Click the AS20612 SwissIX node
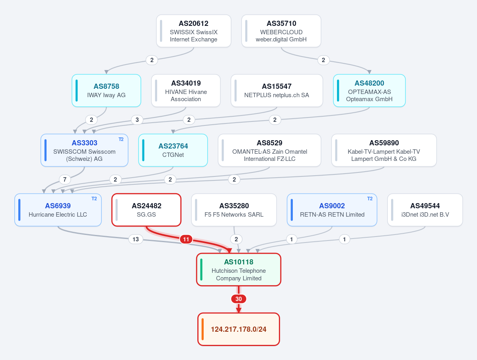[194, 31]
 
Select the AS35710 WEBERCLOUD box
[281, 31]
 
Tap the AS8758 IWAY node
[107, 90]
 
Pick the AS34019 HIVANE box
[186, 90]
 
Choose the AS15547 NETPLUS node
[277, 90]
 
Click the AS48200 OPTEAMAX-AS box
[369, 90]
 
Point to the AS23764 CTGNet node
[173, 150]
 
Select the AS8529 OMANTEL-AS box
[269, 150]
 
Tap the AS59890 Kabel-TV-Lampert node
[384, 150]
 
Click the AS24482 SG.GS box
[146, 210]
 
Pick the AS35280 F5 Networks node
[234, 210]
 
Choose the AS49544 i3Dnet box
[425, 210]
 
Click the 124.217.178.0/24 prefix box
[239, 329]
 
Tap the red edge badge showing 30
[239, 299]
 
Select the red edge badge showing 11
[186, 239]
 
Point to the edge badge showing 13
[136, 239]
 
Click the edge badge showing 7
[65, 180]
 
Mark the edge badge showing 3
[137, 120]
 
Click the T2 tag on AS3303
[121, 139]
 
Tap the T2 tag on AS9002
[370, 199]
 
